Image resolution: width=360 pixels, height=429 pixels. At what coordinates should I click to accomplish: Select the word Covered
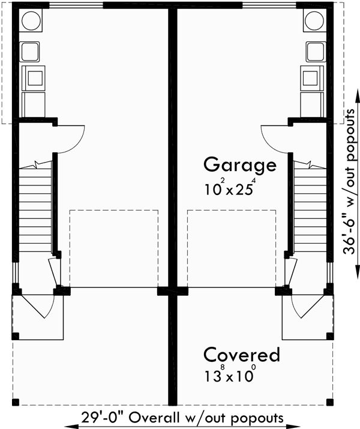pyautogui.click(x=241, y=355)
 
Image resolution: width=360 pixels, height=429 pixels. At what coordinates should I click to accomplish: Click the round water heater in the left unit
pyautogui.click(x=31, y=22)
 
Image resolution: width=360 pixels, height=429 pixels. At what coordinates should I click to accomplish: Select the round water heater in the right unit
pyautogui.click(x=314, y=22)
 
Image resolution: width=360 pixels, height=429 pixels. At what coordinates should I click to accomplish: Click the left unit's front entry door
pyautogui.click(x=44, y=305)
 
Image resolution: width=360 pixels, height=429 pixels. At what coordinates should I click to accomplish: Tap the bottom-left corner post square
pyautogui.click(x=16, y=401)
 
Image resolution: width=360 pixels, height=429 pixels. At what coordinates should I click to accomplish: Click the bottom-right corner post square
pyautogui.click(x=329, y=401)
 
